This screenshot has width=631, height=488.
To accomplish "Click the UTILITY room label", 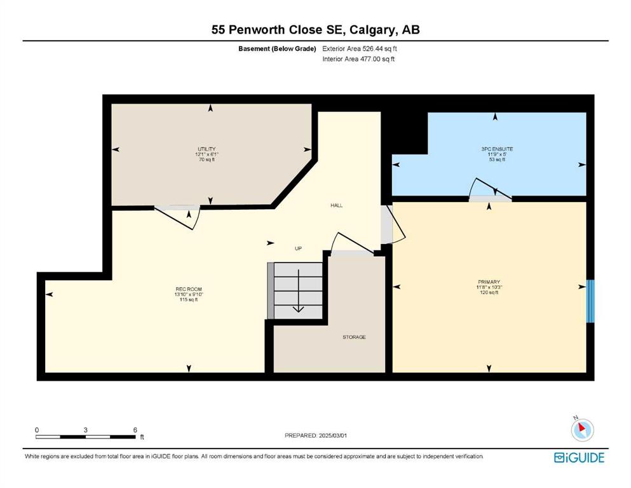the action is (x=207, y=149).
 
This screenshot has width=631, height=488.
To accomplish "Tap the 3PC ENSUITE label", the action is (x=497, y=149).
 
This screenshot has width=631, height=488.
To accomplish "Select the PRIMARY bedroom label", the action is (x=489, y=282).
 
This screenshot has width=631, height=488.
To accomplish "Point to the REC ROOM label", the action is (x=189, y=289).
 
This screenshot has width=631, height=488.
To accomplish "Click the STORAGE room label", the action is (x=354, y=337).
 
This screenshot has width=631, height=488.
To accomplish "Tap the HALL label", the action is (x=336, y=206).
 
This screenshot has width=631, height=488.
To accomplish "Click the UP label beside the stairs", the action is (x=298, y=248).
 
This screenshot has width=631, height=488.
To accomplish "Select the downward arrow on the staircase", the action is (x=298, y=290).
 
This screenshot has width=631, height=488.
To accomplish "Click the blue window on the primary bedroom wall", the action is (x=590, y=301).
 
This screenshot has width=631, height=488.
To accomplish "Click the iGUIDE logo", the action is (x=579, y=458).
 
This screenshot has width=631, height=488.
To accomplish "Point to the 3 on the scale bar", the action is (x=86, y=430).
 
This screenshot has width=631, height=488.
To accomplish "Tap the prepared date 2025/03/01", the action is (x=332, y=435).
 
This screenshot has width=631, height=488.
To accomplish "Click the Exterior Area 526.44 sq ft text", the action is (x=360, y=49).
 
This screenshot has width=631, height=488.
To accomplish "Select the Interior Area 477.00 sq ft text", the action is (x=358, y=59).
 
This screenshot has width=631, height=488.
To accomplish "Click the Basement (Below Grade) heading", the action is (x=277, y=49).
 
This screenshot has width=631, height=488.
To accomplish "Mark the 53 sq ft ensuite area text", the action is (x=497, y=159).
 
